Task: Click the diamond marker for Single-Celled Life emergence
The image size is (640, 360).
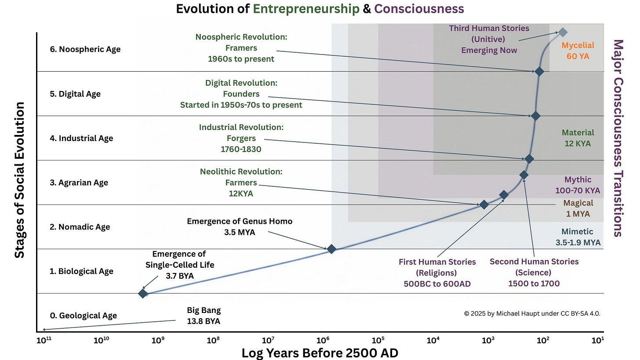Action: point(143,293)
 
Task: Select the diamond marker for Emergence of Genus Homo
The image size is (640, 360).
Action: point(331,249)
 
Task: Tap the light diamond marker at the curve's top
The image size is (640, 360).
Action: point(562,32)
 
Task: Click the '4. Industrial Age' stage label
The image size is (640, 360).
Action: point(81,138)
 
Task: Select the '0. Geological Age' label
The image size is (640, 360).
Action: point(84,316)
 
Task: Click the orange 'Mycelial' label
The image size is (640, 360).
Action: point(578,45)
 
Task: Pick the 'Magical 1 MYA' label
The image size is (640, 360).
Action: point(578,209)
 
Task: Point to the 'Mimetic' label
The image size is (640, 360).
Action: point(577,232)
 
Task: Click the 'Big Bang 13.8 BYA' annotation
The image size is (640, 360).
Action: point(204,316)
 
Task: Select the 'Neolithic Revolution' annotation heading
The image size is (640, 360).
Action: point(241,171)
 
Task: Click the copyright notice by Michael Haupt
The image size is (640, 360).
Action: point(532,313)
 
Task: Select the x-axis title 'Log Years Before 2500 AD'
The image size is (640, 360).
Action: point(320,353)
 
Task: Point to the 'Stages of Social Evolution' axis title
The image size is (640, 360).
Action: point(20,180)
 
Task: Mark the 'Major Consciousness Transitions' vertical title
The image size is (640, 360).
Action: point(618,138)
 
